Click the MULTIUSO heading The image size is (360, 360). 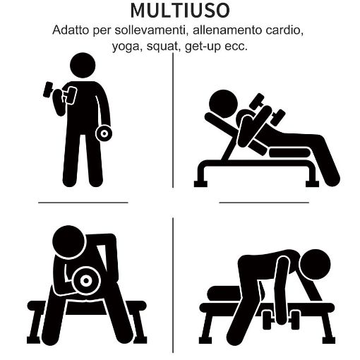tap(180, 11)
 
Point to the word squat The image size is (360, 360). tap(162, 47)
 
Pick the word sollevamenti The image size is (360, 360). tap(150, 30)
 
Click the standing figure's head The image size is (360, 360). tap(83, 65)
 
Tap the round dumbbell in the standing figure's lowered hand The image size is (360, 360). tap(104, 133)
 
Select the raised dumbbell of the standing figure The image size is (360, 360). tap(60, 92)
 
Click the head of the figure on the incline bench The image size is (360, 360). tap(223, 104)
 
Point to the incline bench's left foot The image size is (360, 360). tap(200, 184)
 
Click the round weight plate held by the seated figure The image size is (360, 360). tap(86, 280)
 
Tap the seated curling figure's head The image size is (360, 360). tap(68, 241)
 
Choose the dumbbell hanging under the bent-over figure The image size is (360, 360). tap(281, 320)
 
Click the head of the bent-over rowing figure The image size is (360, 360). tap(316, 265)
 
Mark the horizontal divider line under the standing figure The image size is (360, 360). tap(83, 203)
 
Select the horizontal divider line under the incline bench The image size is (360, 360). tap(264, 203)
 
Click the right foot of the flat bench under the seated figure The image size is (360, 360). tap(140, 340)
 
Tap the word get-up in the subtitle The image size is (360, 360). tap(203, 47)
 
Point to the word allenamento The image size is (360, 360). tap(227, 30)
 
